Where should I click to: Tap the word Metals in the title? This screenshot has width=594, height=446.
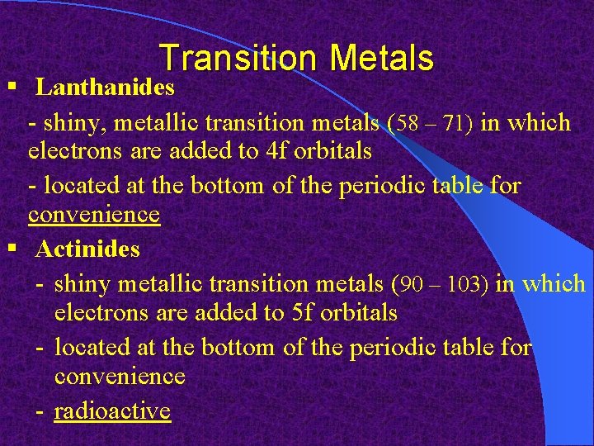[381, 59]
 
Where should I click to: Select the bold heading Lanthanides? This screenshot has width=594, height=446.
[105, 87]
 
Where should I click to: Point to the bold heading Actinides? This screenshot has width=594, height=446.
[87, 249]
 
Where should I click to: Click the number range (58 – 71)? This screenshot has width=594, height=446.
[431, 124]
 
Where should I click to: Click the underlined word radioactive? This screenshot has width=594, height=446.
[112, 410]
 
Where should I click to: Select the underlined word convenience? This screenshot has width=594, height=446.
[93, 216]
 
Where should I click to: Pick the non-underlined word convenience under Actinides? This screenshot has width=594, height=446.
[120, 377]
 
